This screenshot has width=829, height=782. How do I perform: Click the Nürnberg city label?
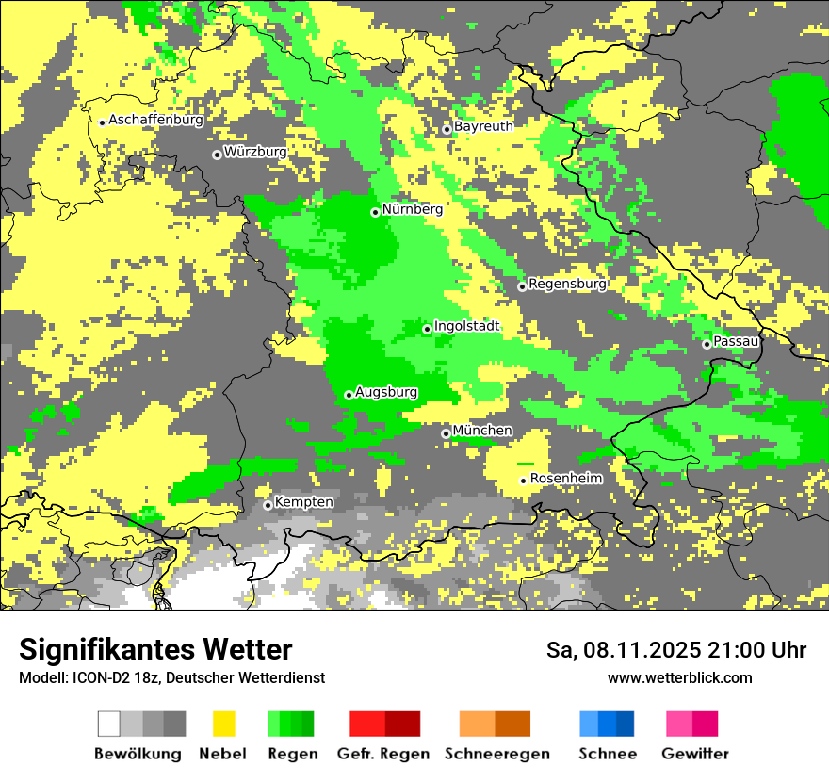coord(413,209)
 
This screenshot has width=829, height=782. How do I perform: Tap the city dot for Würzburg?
coord(217,155)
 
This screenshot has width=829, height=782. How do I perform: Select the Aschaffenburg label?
coord(156,120)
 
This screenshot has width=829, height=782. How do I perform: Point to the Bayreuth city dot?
coord(447,129)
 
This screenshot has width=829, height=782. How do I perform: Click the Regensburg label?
coord(567,284)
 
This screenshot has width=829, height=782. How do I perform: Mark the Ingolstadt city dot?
coord(427,329)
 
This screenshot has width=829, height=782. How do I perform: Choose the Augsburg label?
coord(386,392)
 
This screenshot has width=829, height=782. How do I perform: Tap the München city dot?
coord(446,433)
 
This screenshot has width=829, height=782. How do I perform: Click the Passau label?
coord(737,341)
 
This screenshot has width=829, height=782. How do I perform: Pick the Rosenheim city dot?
coord(523,481)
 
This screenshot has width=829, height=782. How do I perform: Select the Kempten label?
coord(303,502)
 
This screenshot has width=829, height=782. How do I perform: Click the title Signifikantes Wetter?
coord(155,650)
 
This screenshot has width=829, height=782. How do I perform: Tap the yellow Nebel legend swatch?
coord(224,724)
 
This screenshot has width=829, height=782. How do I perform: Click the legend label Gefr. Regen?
coord(383,754)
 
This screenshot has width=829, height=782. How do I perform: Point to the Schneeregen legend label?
coord(497,754)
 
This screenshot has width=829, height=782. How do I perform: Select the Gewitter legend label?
coord(695,754)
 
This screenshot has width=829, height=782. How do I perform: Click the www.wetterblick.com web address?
coord(680,677)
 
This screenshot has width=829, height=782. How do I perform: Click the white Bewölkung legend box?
coord(109,724)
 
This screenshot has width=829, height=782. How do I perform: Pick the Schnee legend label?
coord(608,754)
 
